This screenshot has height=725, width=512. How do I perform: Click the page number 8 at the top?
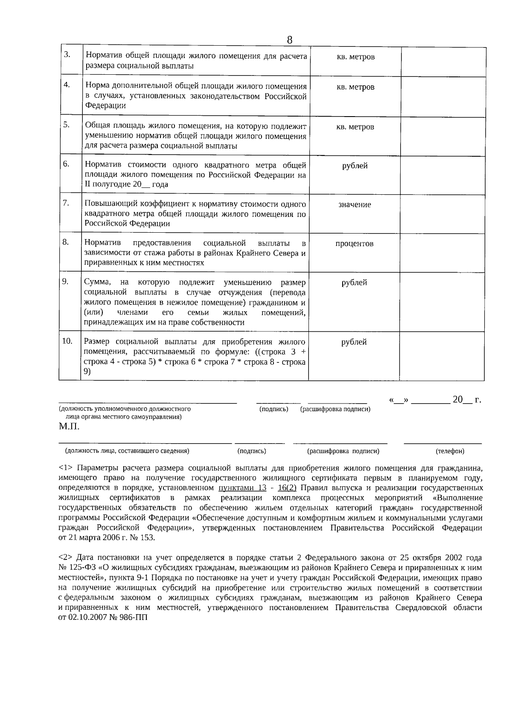pos(289,40)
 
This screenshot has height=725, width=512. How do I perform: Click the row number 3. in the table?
pos(67,55)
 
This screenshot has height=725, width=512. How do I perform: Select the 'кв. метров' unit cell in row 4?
pos(355,87)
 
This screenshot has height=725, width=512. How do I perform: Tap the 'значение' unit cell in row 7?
pos(355,205)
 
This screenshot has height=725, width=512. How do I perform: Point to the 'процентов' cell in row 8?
pos(354,244)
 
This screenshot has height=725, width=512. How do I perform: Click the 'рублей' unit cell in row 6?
pos(355,166)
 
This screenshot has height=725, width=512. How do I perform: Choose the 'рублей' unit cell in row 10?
pos(354,342)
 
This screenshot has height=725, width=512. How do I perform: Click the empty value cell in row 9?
pos(442,301)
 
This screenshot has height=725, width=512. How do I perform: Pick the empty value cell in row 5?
pos(443,136)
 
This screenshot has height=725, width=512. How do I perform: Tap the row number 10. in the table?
pos(67,341)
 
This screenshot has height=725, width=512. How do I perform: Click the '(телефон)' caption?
pos(450,451)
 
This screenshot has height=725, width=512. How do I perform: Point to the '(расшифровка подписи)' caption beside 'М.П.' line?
pos(335,409)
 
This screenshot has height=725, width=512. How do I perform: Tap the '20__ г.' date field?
pos(466,400)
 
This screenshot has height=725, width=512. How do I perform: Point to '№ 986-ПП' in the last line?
pos(128,618)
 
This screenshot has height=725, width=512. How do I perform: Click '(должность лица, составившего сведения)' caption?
pos(127,451)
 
